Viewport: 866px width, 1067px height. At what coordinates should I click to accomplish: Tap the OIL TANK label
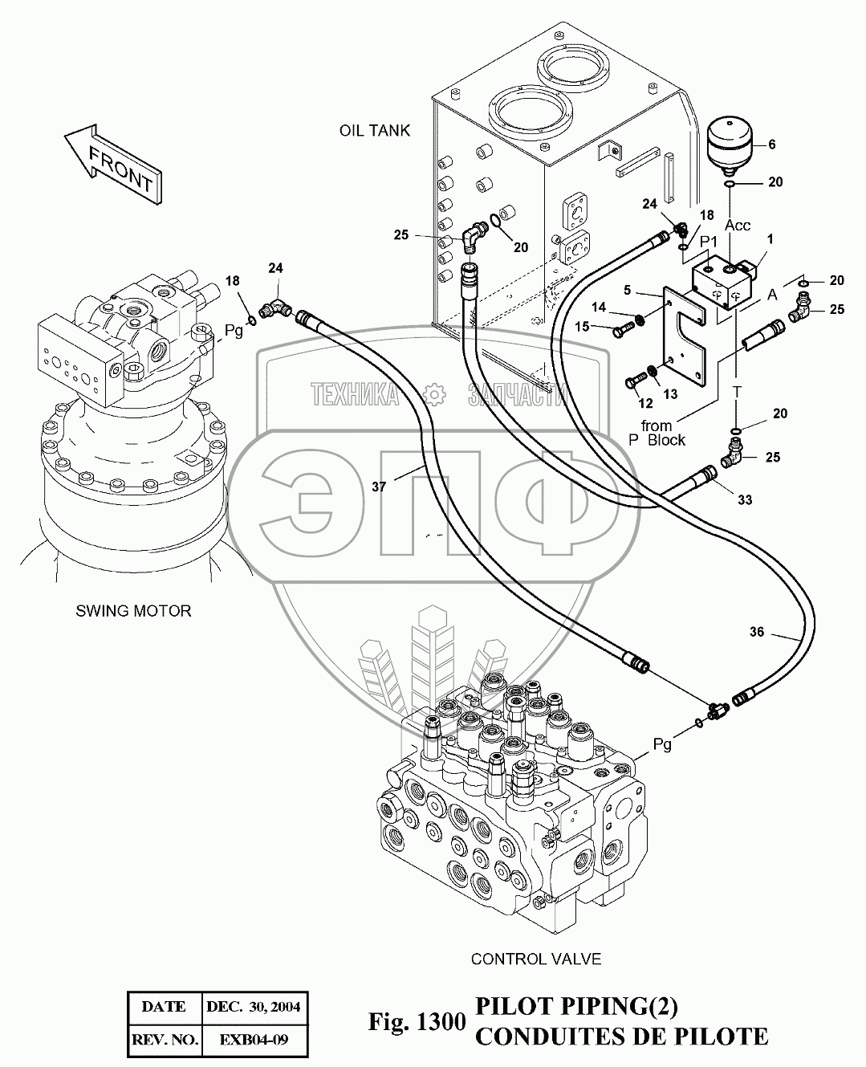point(375,130)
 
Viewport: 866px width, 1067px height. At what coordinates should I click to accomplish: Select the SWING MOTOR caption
point(133,611)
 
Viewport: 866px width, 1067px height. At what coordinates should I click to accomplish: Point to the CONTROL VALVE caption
point(535,959)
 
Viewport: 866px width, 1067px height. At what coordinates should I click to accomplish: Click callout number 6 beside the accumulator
point(772,145)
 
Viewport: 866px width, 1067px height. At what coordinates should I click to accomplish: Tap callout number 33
point(745,500)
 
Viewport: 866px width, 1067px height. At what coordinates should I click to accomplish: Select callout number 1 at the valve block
point(770,238)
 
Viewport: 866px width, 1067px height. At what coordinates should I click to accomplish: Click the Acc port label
point(738,226)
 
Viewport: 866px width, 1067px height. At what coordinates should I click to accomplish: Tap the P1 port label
point(708,241)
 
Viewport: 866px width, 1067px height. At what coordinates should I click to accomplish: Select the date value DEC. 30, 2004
point(253,1007)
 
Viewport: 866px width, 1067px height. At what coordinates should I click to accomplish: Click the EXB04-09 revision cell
point(253,1041)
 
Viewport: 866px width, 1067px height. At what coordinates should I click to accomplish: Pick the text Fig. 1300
point(417,1022)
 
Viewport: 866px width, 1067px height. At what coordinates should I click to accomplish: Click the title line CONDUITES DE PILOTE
point(621,1036)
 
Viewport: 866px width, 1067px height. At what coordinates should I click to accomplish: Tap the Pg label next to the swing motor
point(234,331)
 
